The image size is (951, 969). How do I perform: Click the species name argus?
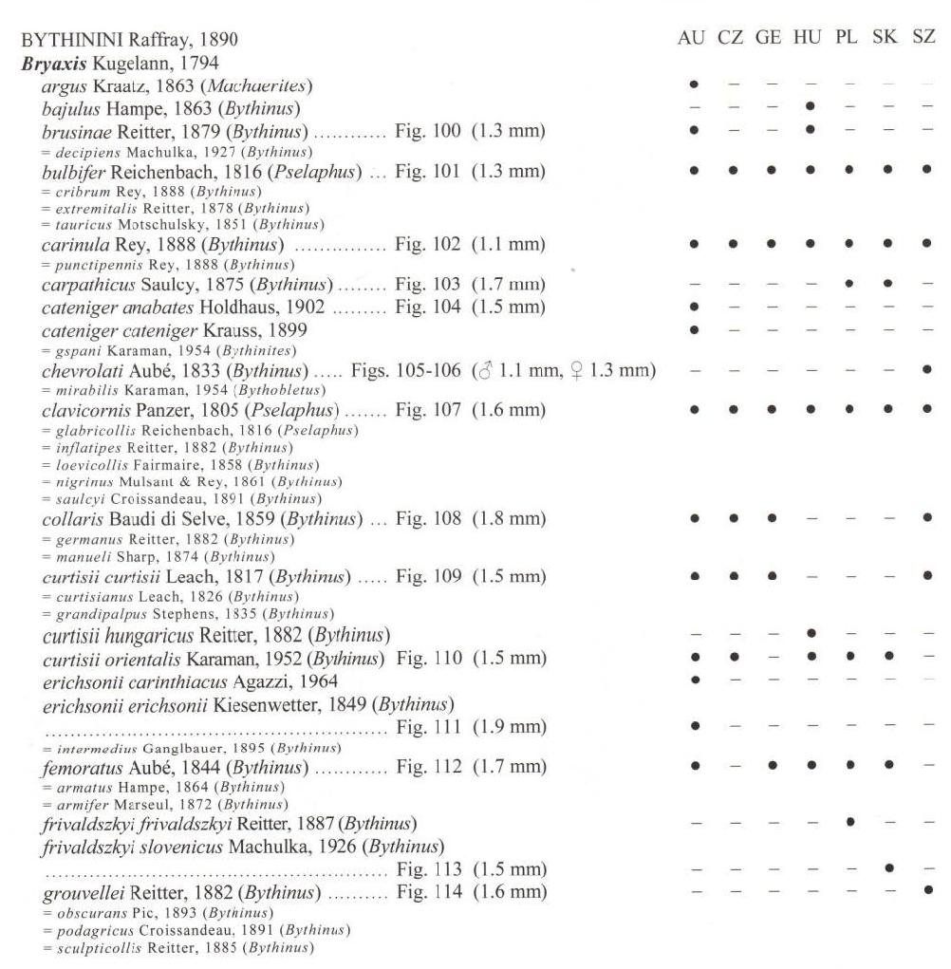click(x=64, y=86)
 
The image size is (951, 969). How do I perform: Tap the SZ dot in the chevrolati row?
click(x=926, y=368)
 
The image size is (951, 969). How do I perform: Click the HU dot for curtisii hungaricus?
click(x=809, y=634)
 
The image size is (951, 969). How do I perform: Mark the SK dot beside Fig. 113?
click(x=887, y=867)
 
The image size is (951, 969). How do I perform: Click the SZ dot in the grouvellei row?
click(x=926, y=891)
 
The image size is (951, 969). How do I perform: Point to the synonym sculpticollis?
click(x=92, y=946)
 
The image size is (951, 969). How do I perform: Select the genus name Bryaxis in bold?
click(x=52, y=64)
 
